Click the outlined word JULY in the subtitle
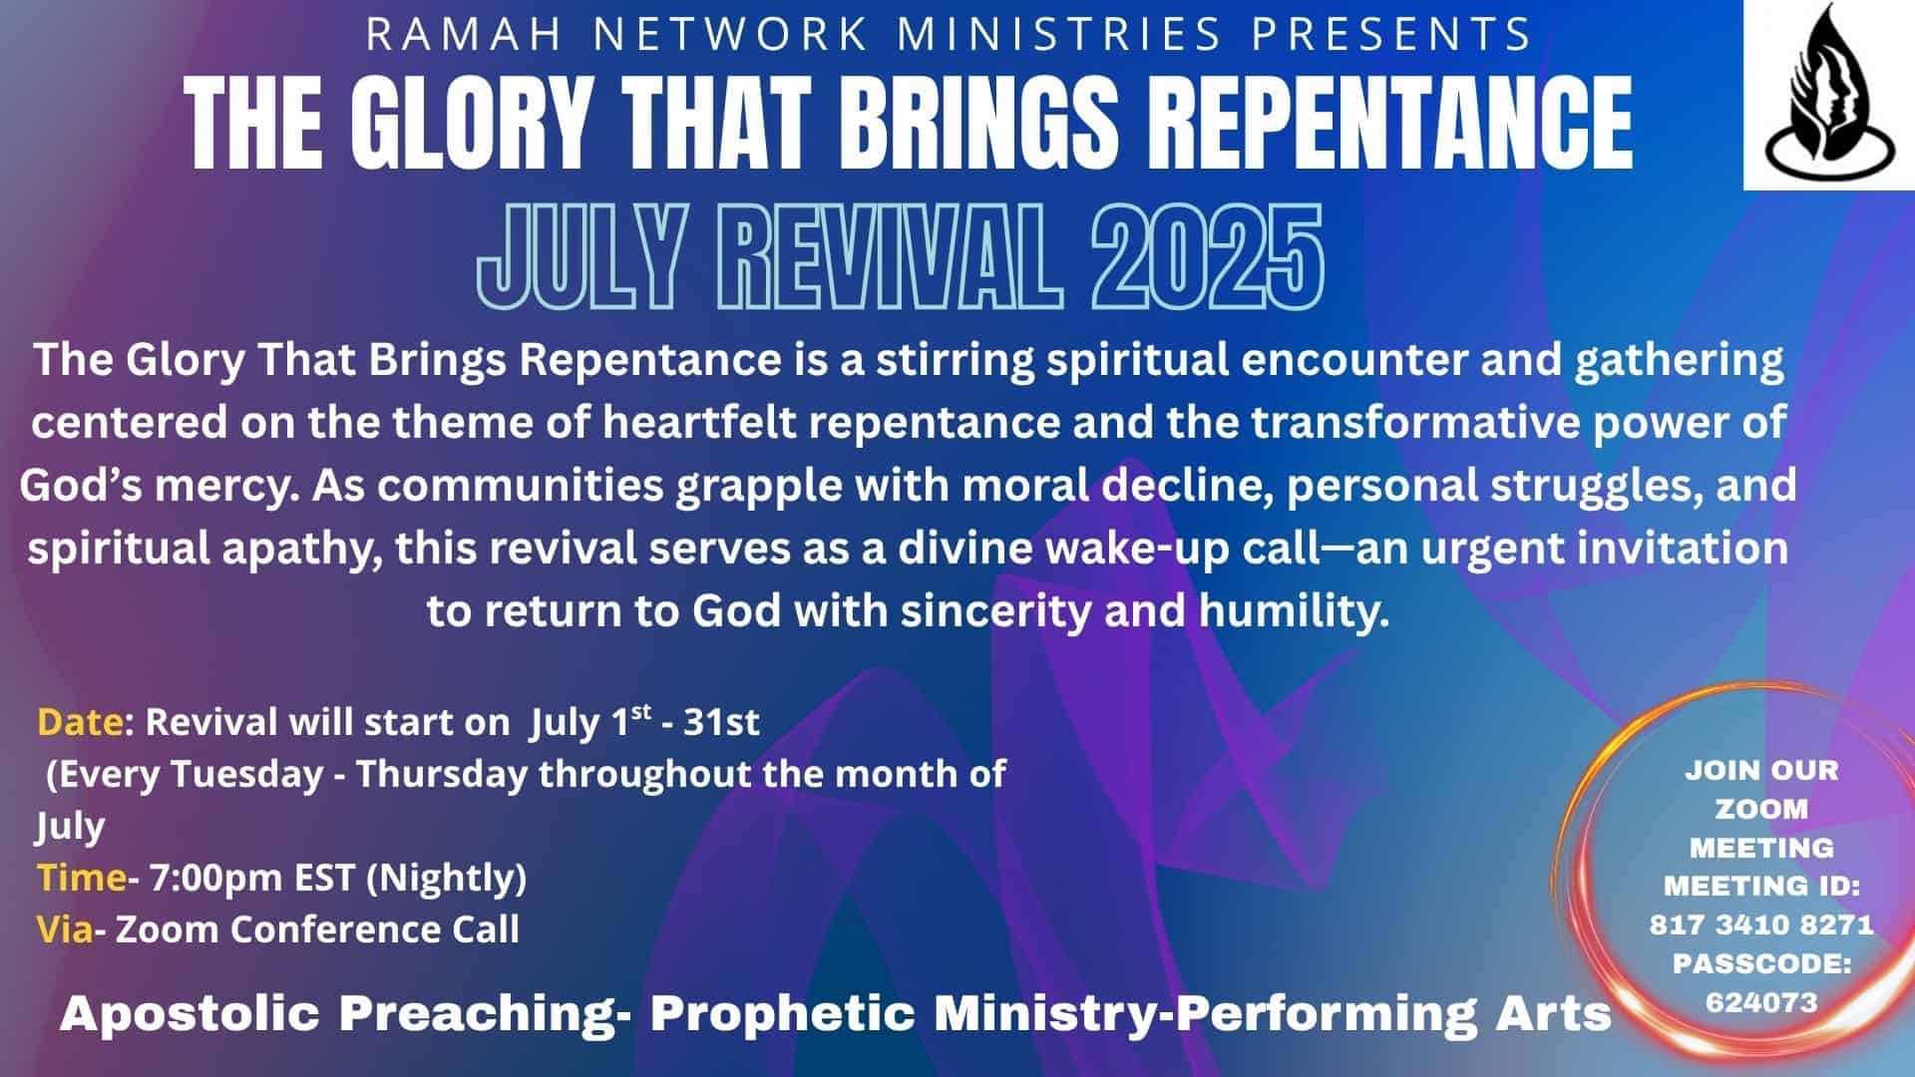(x=580, y=257)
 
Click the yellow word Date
(x=81, y=722)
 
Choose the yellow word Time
(x=81, y=878)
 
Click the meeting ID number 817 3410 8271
(x=1761, y=924)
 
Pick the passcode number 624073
(x=1761, y=1001)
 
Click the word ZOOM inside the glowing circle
(x=1761, y=809)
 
